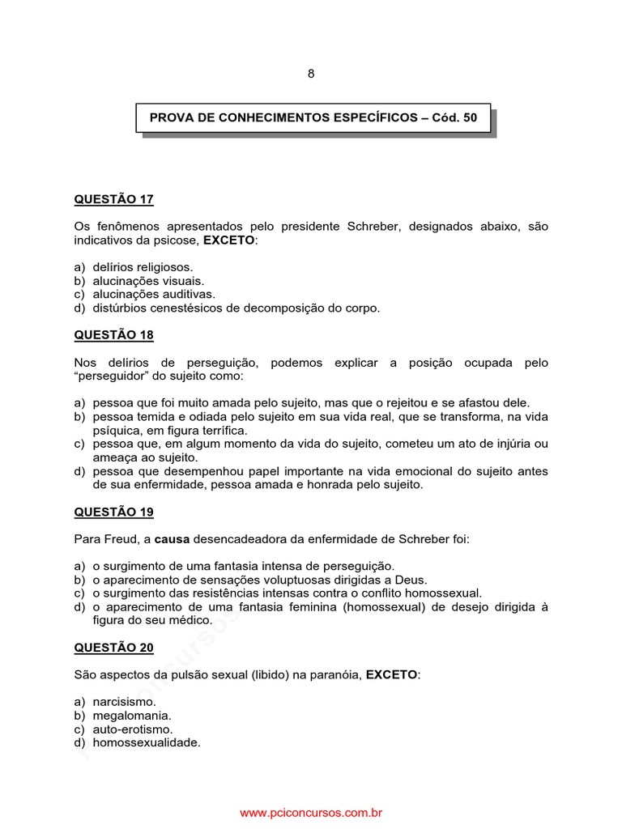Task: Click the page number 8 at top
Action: [311, 74]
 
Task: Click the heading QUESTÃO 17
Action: [113, 199]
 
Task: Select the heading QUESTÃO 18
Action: [113, 334]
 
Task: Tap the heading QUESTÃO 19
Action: [113, 512]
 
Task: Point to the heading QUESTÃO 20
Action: [113, 647]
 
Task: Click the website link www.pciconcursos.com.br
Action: [311, 812]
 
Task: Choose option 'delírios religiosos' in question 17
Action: [143, 267]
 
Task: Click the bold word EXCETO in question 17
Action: [228, 240]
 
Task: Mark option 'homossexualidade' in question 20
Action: [147, 742]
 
